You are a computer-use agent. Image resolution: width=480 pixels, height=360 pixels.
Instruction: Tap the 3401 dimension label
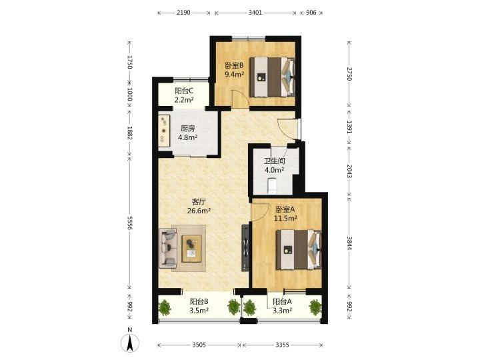click(x=255, y=13)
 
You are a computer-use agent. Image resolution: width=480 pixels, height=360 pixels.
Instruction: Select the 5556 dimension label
click(x=129, y=223)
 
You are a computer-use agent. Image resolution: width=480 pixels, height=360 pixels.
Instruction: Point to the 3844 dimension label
click(x=349, y=243)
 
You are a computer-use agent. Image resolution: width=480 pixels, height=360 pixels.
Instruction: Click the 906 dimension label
click(x=311, y=13)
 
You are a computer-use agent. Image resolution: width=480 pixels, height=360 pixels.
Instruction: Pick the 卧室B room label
click(x=234, y=65)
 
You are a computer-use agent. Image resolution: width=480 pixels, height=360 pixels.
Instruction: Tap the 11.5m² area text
click(x=285, y=218)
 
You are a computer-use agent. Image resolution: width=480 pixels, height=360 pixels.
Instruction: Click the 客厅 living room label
click(x=199, y=202)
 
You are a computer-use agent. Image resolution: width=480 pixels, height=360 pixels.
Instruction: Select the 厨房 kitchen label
click(x=187, y=129)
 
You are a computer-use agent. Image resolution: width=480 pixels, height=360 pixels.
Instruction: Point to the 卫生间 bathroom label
click(x=275, y=161)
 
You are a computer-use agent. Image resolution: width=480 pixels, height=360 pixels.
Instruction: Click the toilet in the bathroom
click(x=272, y=185)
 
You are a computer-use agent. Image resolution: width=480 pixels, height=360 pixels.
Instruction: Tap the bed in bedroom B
click(x=272, y=77)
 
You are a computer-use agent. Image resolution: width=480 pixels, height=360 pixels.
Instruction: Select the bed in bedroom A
click(x=299, y=250)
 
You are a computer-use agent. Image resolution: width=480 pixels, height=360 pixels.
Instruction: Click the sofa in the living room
click(x=168, y=248)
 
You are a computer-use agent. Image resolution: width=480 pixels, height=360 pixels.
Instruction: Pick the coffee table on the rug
click(x=191, y=248)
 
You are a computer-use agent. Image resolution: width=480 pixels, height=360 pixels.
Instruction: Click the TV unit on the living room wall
click(x=245, y=248)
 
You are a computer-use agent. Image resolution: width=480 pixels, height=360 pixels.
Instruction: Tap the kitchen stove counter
click(x=164, y=131)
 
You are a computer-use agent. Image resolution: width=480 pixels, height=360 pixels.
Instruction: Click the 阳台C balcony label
click(x=184, y=91)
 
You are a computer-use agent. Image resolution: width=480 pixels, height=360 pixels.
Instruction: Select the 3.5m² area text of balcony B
click(x=199, y=311)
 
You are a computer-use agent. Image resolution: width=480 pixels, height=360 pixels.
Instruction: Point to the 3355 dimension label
click(x=282, y=345)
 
